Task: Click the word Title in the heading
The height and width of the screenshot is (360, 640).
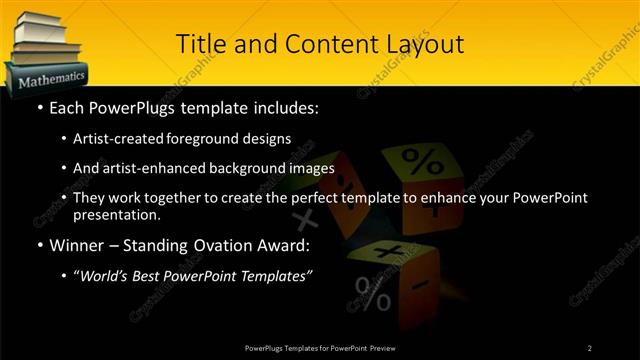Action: point(200,44)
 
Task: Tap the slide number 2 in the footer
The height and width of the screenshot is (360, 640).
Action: point(590,347)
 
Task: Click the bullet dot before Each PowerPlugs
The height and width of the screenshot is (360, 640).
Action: point(38,107)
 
